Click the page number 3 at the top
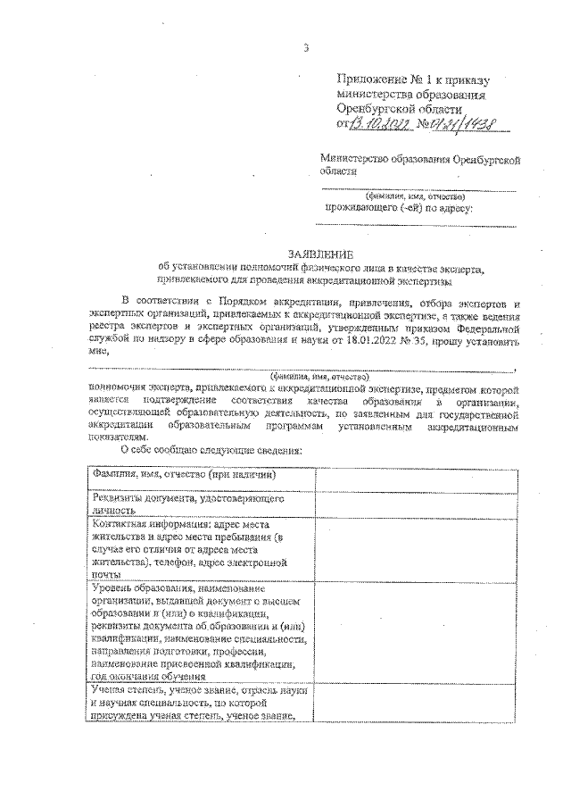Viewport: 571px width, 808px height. [305, 47]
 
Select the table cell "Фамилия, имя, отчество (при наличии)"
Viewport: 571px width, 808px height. [202, 475]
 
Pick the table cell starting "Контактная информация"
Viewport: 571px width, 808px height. [202, 550]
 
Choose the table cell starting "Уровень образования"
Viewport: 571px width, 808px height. [202, 633]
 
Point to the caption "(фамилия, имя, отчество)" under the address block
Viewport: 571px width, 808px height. [416, 196]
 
